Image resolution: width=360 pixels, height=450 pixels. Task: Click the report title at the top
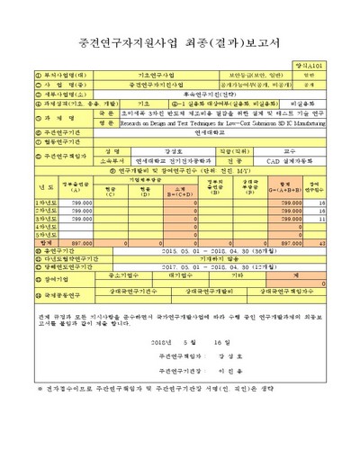coord(180,41)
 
